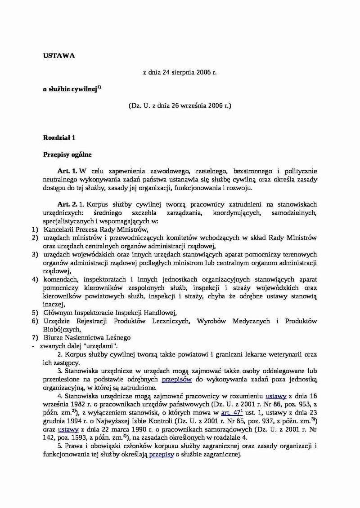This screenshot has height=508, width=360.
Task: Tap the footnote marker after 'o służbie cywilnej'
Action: tap(99, 88)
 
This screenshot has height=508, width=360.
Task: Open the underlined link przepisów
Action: tap(177, 380)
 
